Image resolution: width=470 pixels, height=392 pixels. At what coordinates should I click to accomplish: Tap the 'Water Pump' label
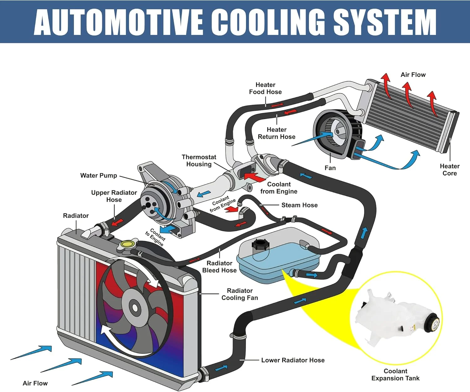98,175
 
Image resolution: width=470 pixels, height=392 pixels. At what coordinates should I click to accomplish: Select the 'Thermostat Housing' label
199,160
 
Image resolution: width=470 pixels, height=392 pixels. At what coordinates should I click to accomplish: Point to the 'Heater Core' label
449,170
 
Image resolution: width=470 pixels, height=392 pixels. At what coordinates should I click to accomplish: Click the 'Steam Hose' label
299,205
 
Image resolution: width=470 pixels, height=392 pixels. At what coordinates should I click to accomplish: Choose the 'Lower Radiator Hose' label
293,360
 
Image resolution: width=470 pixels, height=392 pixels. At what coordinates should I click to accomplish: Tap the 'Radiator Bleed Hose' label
219,267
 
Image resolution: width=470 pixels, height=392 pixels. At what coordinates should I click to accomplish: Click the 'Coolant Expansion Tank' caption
395,374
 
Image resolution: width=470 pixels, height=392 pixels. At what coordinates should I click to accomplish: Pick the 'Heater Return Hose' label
276,133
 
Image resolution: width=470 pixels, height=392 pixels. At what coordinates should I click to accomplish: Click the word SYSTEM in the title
384,22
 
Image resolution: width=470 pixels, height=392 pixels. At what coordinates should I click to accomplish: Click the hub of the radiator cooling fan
135,307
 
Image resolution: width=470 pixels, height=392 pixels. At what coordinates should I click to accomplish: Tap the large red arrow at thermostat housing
255,177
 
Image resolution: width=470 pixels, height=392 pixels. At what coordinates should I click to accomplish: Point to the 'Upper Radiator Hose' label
114,196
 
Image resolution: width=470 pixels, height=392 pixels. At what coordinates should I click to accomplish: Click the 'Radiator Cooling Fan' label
239,294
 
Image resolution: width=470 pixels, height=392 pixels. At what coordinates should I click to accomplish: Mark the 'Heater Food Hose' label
265,88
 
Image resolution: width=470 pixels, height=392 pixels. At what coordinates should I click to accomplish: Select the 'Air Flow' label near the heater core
413,75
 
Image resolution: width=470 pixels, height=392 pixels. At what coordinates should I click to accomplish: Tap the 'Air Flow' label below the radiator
35,383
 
